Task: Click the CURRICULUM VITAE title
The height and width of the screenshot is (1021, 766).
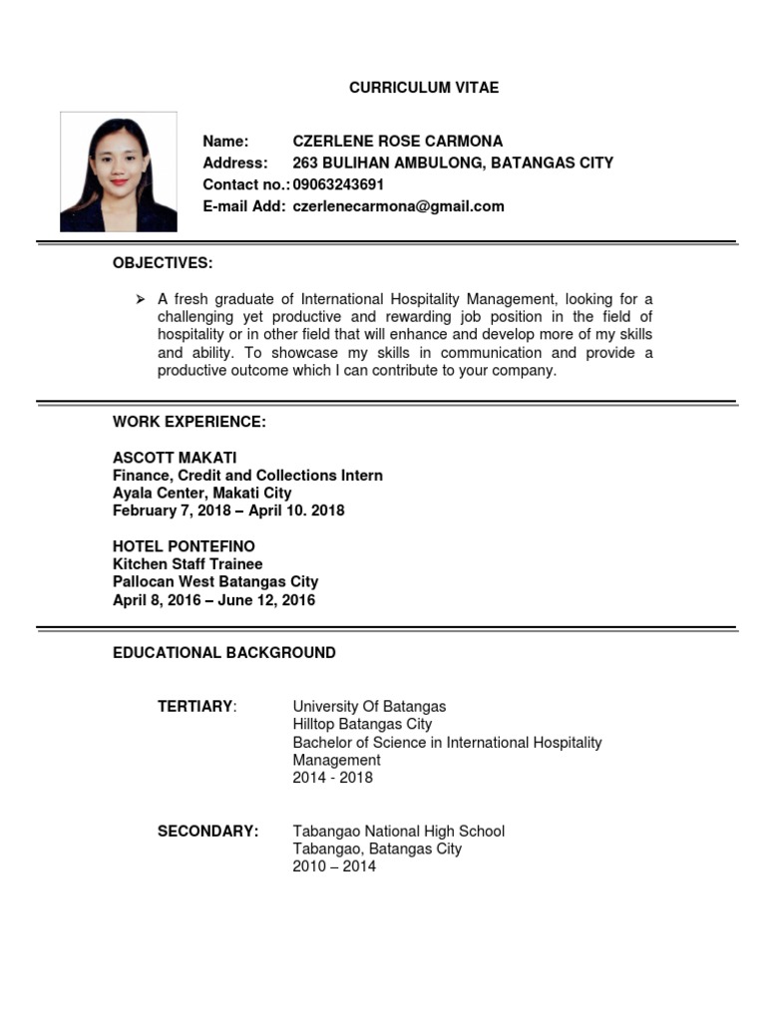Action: (x=424, y=88)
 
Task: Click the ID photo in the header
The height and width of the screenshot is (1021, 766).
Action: (x=119, y=171)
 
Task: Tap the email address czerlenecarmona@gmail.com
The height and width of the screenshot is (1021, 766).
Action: (x=398, y=206)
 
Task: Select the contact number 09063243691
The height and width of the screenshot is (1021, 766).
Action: (x=338, y=184)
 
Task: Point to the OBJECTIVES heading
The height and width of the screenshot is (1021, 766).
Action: (x=163, y=263)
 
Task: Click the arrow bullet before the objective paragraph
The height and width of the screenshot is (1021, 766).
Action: (x=140, y=299)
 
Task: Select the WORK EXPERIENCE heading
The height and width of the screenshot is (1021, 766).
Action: (x=190, y=423)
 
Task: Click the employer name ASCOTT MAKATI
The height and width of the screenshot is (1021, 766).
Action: (x=175, y=458)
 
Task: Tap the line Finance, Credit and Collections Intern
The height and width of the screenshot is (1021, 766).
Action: (x=247, y=476)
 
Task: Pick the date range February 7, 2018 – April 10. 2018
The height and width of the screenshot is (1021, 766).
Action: (x=228, y=510)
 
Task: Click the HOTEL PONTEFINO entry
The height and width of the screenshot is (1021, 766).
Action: (x=184, y=546)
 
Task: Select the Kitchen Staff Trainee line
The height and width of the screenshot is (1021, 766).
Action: (x=188, y=564)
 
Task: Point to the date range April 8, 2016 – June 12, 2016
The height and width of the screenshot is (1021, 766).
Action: (x=213, y=600)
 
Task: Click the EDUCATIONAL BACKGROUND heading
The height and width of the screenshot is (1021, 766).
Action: (x=224, y=653)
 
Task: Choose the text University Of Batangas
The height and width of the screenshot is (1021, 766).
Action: (x=369, y=707)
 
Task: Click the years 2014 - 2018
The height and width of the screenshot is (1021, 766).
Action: (x=332, y=778)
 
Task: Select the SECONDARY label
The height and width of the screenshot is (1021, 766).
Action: (x=207, y=832)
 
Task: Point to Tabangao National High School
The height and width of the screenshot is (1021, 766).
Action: (x=398, y=832)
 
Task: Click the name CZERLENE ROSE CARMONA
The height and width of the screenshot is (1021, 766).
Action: (x=397, y=141)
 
